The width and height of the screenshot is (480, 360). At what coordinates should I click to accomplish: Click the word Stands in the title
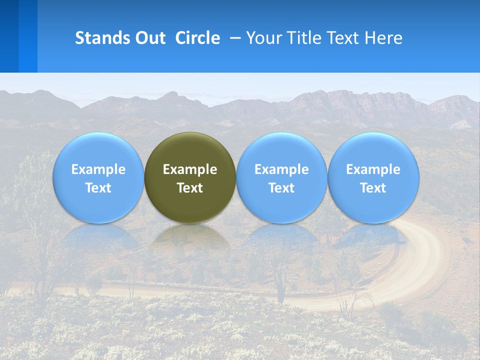click(x=101, y=38)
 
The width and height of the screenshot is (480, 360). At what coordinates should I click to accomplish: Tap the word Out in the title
click(x=149, y=38)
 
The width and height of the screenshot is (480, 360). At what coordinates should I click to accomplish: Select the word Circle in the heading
click(x=197, y=38)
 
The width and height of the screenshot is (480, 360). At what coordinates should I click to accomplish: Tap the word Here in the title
click(x=384, y=38)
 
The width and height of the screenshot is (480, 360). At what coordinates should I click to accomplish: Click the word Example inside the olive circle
click(x=190, y=169)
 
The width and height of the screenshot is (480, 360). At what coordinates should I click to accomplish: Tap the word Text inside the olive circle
click(x=190, y=188)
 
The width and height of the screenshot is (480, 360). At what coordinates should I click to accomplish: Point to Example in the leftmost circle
click(x=98, y=169)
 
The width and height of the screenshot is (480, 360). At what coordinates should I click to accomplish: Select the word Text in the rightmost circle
click(x=373, y=188)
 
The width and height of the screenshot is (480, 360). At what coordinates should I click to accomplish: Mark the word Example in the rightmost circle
click(x=373, y=169)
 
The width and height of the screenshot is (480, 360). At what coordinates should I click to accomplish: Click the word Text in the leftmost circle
click(x=98, y=188)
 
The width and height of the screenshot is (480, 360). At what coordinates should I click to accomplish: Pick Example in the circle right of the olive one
click(x=281, y=169)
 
